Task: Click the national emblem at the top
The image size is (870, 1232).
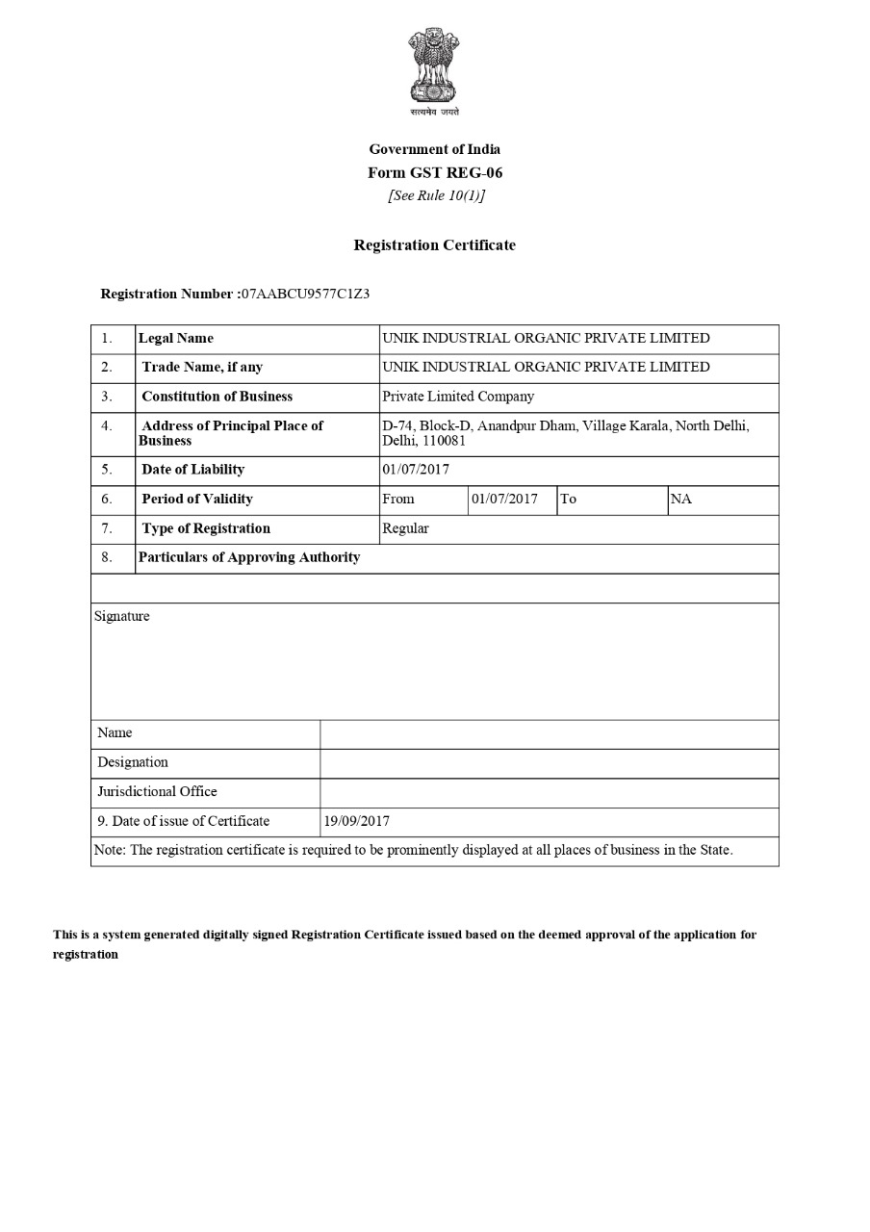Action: [x=434, y=67]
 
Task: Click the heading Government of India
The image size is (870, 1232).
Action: [x=434, y=149]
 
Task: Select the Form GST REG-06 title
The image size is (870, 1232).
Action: [x=434, y=173]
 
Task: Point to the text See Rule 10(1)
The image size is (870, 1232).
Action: [x=436, y=195]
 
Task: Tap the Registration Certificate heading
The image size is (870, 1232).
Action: [x=434, y=245]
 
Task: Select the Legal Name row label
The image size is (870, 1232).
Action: [x=176, y=338]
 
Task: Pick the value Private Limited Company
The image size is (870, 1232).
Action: [x=458, y=396]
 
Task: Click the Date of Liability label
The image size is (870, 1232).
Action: [x=192, y=470]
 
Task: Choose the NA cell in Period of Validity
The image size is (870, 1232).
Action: [x=680, y=499]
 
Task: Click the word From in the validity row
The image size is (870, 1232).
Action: [x=398, y=499]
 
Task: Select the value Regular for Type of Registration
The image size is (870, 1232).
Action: [x=405, y=528]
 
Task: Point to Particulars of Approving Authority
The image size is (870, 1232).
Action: [x=249, y=557]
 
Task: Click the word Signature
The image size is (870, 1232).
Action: [x=122, y=616]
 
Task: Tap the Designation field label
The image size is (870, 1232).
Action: [x=133, y=762]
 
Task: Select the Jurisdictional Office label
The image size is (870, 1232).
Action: [x=157, y=791]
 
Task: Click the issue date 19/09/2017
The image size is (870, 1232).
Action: [x=357, y=821]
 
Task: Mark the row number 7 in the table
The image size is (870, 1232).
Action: [x=107, y=528]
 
